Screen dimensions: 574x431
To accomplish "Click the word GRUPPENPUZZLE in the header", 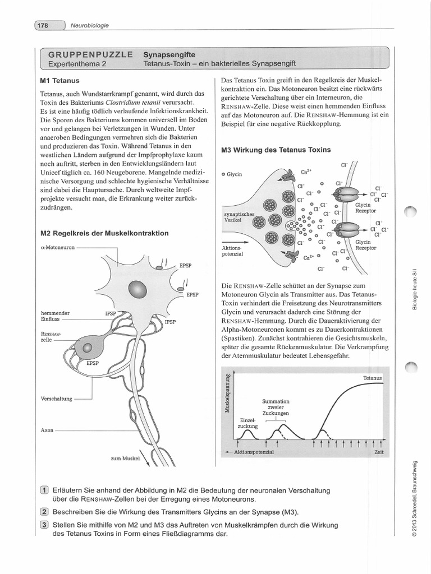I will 90,54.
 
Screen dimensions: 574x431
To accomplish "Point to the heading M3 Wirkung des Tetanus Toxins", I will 276,150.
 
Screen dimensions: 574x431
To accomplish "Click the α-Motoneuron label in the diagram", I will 58,247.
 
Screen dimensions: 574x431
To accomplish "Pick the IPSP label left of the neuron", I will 110,314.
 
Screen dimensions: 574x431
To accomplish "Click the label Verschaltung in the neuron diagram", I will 57,399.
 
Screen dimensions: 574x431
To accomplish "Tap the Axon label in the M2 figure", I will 47,430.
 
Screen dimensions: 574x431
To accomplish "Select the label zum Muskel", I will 124,459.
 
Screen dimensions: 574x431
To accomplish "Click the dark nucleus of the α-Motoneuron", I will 137,289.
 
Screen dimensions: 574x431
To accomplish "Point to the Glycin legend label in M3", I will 234,174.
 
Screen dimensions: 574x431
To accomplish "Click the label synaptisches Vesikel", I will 239,217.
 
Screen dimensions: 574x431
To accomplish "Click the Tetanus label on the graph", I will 372,378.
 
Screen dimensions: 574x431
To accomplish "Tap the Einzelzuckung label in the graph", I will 247,423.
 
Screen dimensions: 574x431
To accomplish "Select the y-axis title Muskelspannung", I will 227,392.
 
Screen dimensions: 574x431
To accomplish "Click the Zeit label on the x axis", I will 379,452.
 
